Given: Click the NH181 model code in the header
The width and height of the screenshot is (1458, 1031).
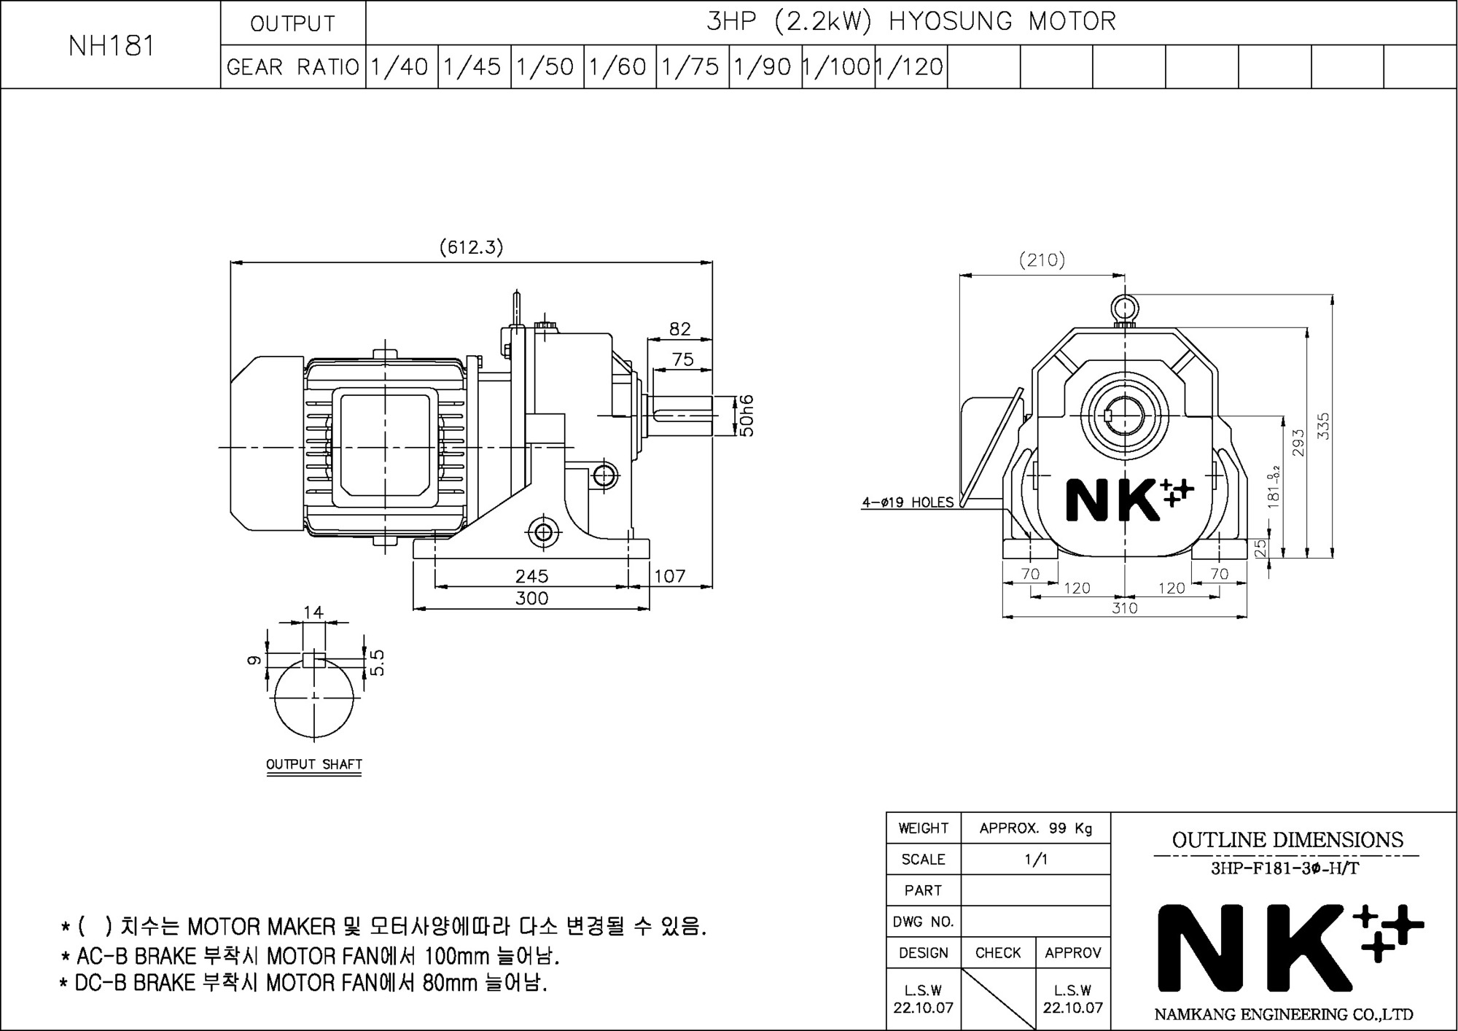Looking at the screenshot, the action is (x=112, y=46).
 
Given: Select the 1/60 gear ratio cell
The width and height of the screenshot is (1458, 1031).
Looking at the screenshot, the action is (x=619, y=67).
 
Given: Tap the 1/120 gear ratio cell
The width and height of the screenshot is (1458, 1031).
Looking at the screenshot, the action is (x=911, y=67).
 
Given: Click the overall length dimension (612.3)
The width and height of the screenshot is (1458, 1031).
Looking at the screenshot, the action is (x=471, y=247).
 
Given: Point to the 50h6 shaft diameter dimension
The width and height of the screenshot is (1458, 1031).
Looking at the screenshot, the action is (x=746, y=416).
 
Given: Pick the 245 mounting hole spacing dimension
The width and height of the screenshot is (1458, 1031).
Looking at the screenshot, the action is (x=531, y=576).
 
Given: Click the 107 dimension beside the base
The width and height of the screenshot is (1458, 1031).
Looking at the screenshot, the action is (x=669, y=576).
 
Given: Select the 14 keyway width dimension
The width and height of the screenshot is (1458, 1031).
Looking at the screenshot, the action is (x=313, y=612).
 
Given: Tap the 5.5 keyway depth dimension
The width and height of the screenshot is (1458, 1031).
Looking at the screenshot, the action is (x=377, y=663).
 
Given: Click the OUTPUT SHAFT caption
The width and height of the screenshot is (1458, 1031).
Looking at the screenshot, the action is (x=314, y=764).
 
